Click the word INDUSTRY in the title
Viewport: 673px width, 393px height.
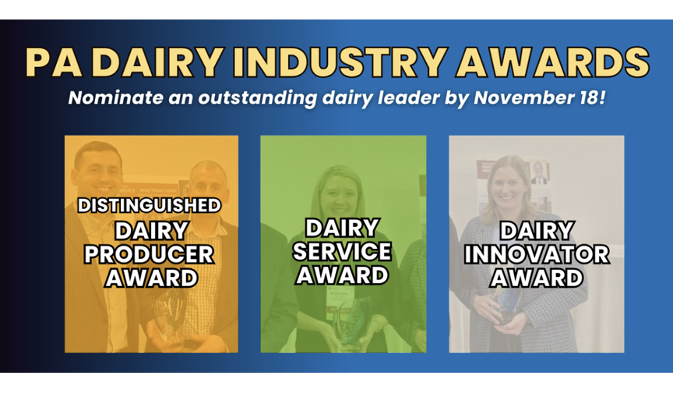point(339,62)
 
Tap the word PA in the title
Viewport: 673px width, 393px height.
point(54,62)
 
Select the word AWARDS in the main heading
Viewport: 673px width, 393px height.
point(552,62)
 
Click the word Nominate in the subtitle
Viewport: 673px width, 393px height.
point(115,97)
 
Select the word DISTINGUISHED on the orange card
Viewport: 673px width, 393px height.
point(150,205)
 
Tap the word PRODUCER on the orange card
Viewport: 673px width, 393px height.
point(150,254)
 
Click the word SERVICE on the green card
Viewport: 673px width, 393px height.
point(342,251)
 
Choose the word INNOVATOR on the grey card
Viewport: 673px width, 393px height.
point(537,254)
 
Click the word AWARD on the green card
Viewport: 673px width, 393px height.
point(342,275)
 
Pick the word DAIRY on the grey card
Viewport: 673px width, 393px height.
point(537,231)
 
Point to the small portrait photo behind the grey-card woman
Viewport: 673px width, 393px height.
point(539,172)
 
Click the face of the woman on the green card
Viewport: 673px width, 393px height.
point(339,193)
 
